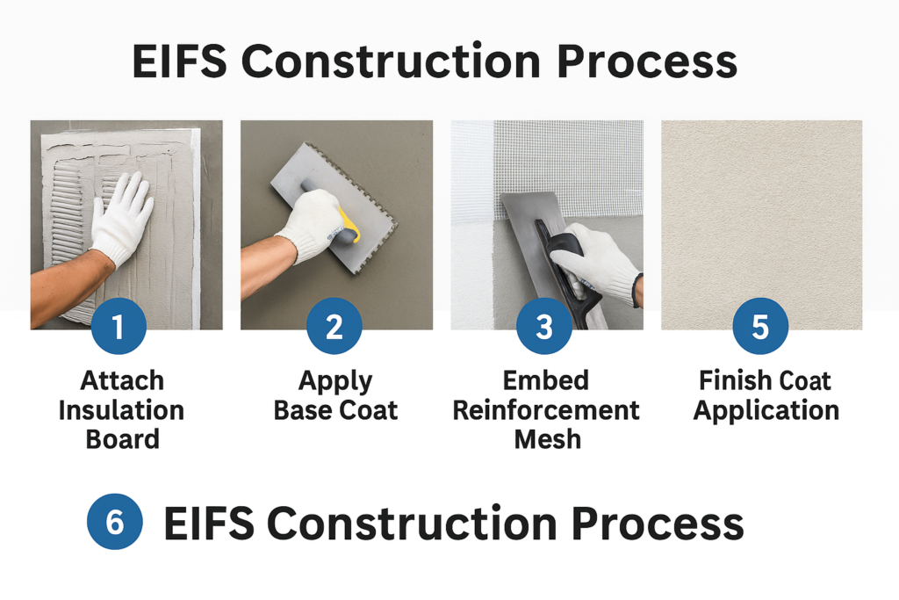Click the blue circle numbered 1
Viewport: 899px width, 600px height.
119,327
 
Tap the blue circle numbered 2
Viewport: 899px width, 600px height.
334,327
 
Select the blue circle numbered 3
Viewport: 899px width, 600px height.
544,327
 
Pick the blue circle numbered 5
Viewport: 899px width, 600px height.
760,327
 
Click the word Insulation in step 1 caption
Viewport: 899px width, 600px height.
121,410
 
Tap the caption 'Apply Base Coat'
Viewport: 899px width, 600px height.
335,395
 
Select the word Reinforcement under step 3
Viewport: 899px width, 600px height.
546,410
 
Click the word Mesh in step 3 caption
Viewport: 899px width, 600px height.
547,439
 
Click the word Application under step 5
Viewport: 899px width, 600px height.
766,410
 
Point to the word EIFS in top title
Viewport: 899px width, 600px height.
179,62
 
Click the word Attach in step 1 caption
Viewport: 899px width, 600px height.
122,381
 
